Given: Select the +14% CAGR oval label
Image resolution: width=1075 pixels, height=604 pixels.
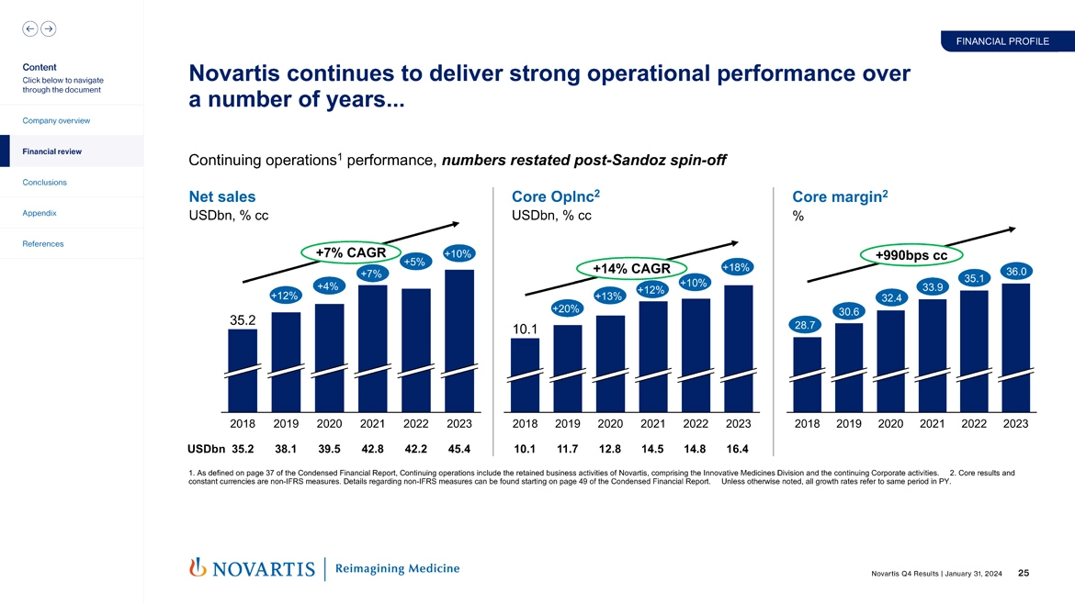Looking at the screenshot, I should click(631, 269).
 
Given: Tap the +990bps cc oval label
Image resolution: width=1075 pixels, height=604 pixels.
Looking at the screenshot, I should click(911, 254).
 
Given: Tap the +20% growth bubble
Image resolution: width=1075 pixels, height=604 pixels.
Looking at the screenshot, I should click(565, 308).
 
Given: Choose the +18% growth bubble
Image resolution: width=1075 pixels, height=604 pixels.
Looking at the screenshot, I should click(737, 267).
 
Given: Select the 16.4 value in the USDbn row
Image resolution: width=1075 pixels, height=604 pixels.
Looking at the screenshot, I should click(738, 449).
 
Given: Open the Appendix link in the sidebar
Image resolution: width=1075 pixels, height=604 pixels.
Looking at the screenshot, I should click(40, 213).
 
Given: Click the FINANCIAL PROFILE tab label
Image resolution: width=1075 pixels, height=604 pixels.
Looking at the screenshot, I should click(1001, 41).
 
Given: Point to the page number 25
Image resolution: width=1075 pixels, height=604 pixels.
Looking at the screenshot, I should click(1024, 574).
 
